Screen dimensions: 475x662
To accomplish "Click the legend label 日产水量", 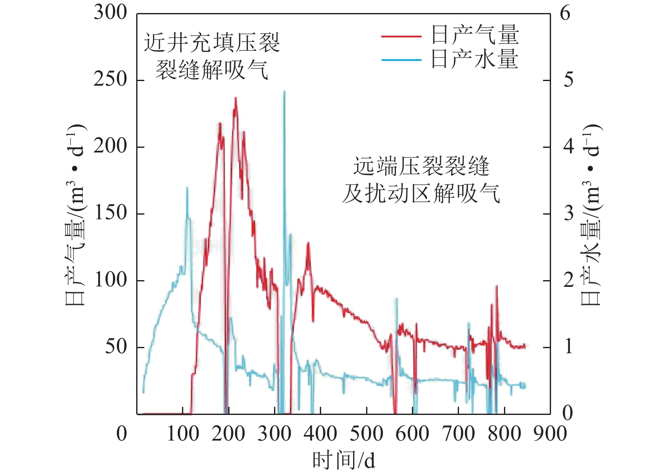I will [x=475, y=59].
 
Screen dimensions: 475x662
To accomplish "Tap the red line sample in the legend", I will [x=401, y=37].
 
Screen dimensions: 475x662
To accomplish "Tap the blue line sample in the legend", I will [x=401, y=60].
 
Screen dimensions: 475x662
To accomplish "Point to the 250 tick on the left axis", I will [x=110, y=79].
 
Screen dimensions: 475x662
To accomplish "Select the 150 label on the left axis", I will [x=110, y=213].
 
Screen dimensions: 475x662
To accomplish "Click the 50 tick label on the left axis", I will [x=116, y=346].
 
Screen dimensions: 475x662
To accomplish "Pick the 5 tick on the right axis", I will [x=568, y=79].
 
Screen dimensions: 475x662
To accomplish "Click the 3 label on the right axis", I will [x=568, y=213].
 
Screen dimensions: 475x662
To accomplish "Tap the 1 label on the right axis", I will [x=568, y=346].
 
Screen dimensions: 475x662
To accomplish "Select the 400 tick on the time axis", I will [x=320, y=433].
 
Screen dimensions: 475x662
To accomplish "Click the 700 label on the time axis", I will [x=458, y=433].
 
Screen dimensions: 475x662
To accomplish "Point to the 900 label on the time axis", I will [x=550, y=433].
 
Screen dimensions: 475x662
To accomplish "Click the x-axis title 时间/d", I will [x=343, y=460].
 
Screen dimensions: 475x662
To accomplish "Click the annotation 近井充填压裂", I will [x=212, y=42].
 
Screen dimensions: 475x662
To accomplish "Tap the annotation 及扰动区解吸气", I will [x=421, y=194].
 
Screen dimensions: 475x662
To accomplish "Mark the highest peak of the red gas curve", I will [x=235, y=98].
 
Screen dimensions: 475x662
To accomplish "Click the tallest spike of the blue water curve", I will [x=284, y=91].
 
